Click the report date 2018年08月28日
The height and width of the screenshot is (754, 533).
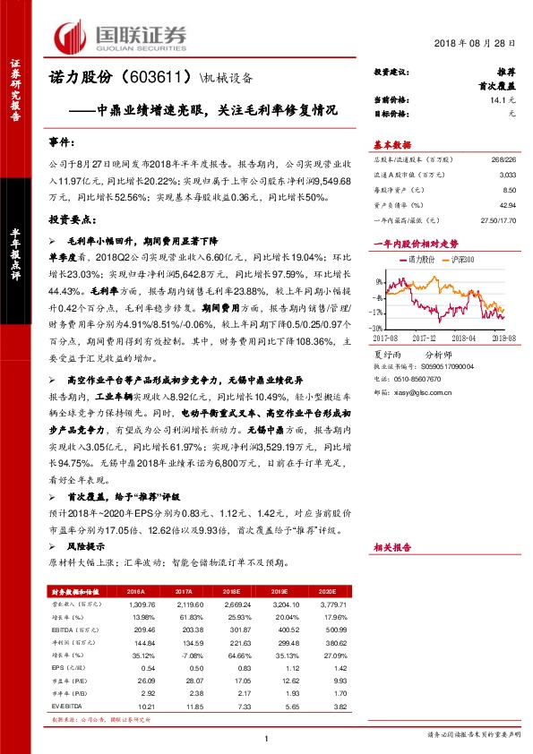pos(477,43)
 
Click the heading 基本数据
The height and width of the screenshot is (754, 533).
pos(391,144)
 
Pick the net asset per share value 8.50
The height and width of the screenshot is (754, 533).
pos(510,190)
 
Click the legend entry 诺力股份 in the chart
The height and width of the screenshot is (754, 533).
pos(420,259)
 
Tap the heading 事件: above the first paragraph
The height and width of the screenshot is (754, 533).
pos(64,142)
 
